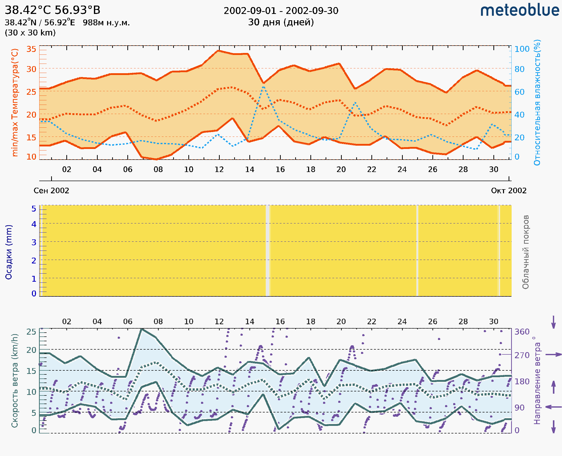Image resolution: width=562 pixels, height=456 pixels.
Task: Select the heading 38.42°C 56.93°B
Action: point(52,10)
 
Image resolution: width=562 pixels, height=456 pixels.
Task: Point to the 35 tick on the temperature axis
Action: point(31,49)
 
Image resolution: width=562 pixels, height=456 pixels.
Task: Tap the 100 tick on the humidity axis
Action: point(522,49)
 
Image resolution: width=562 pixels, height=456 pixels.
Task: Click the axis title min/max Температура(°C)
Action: point(15,102)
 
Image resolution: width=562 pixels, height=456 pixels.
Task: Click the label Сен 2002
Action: point(51,191)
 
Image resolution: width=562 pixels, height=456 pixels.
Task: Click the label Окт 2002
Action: point(509,191)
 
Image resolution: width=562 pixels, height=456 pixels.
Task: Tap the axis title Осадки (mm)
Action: point(9,252)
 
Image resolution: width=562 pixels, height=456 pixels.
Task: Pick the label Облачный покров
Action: point(526,252)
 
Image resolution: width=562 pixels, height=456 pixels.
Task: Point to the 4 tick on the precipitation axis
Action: point(34,224)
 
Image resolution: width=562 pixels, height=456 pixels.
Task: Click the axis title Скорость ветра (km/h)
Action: point(15,381)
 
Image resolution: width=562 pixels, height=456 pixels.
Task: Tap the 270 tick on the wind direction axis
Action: point(522,355)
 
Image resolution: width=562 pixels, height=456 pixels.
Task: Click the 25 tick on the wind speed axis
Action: point(31,332)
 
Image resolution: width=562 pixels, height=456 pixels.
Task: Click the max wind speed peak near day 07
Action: point(142,329)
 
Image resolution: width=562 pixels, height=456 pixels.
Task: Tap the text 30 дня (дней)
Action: point(281,22)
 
